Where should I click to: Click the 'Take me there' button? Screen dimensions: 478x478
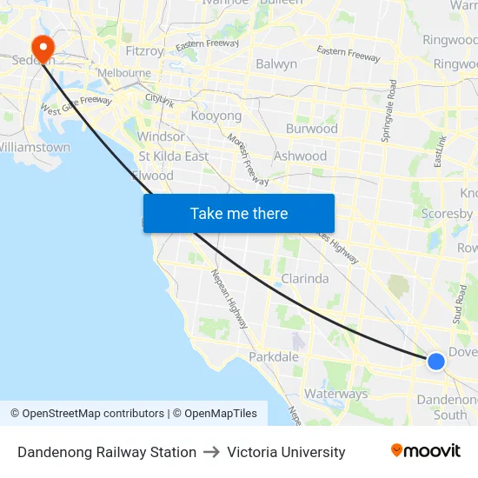[x=238, y=213]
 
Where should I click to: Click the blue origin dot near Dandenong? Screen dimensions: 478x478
[x=436, y=361]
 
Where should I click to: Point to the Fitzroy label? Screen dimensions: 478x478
[x=144, y=50]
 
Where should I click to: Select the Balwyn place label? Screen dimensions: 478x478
[x=276, y=63]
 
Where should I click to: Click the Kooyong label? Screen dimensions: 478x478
[x=216, y=116]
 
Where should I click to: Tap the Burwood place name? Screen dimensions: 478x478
[x=312, y=129]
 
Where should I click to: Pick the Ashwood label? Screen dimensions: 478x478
[x=300, y=156]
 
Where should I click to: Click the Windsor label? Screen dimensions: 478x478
[x=161, y=136]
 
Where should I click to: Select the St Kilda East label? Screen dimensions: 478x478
[x=174, y=156]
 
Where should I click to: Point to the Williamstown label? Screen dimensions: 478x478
[x=35, y=147]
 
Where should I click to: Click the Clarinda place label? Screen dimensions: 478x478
[x=304, y=279]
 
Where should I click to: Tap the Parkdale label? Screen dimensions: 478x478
[x=274, y=356]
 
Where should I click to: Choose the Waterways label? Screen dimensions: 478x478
[x=335, y=394]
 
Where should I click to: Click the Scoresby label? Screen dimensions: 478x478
[x=447, y=213]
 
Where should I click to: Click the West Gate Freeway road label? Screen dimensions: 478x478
[x=76, y=107]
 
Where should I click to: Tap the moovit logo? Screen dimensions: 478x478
[x=425, y=451]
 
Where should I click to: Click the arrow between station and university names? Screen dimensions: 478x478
[x=212, y=452]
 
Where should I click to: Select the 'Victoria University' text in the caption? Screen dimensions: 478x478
[x=286, y=452]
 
